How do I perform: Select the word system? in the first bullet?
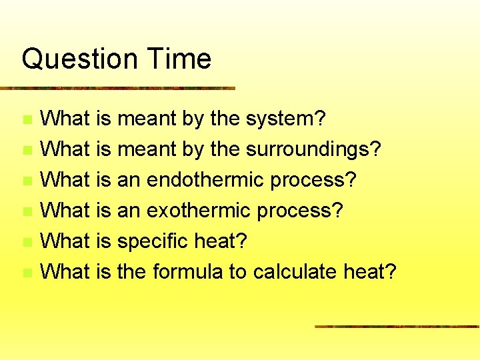tap(286, 119)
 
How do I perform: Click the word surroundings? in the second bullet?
tap(313, 150)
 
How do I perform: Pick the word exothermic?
tap(197, 211)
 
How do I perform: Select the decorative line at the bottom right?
tap(397, 326)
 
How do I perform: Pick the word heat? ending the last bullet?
tap(370, 272)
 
